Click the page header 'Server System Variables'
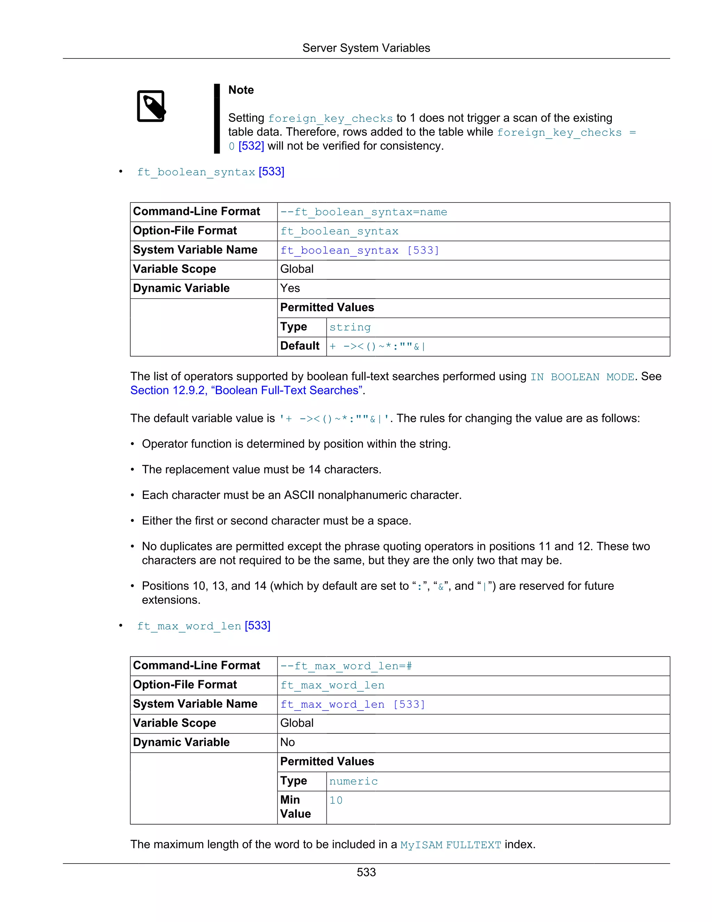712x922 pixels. (x=366, y=48)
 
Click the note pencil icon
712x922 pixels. (x=151, y=106)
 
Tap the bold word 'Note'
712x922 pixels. (x=241, y=90)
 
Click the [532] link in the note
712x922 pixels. (x=251, y=146)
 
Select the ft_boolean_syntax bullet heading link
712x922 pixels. (x=210, y=172)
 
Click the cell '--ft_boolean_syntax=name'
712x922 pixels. (x=364, y=212)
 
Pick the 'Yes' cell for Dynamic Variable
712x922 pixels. (x=290, y=288)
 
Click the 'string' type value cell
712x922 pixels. (x=350, y=327)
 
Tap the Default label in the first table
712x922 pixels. (x=300, y=346)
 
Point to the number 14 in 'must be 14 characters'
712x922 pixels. (x=314, y=469)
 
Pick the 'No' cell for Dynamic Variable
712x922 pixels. (x=288, y=742)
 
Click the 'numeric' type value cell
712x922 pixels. (x=353, y=781)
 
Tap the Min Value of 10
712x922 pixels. (x=336, y=801)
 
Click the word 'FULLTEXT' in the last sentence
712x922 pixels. (x=473, y=845)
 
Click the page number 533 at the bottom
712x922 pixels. (x=366, y=872)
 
